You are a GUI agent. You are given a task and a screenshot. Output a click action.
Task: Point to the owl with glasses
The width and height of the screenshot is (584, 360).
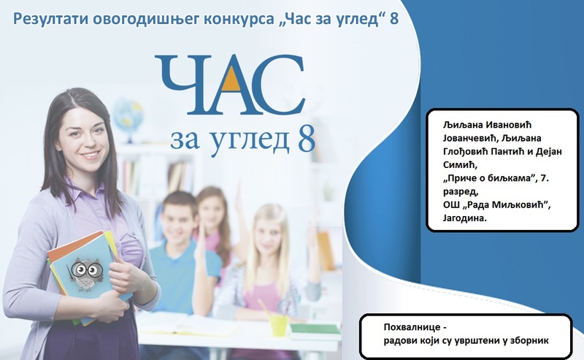coord(86,274)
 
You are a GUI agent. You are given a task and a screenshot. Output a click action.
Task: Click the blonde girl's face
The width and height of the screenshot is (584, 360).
coord(267,237)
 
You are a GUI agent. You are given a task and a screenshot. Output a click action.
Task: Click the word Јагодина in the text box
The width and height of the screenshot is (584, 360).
coord(464,218)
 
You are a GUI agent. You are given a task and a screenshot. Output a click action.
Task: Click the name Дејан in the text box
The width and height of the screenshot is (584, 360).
coord(548,151)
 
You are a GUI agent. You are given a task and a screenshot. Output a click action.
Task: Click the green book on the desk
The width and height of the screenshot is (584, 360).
coord(315,329)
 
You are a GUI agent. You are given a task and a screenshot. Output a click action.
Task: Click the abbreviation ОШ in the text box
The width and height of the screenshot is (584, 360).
coord(450,205)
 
